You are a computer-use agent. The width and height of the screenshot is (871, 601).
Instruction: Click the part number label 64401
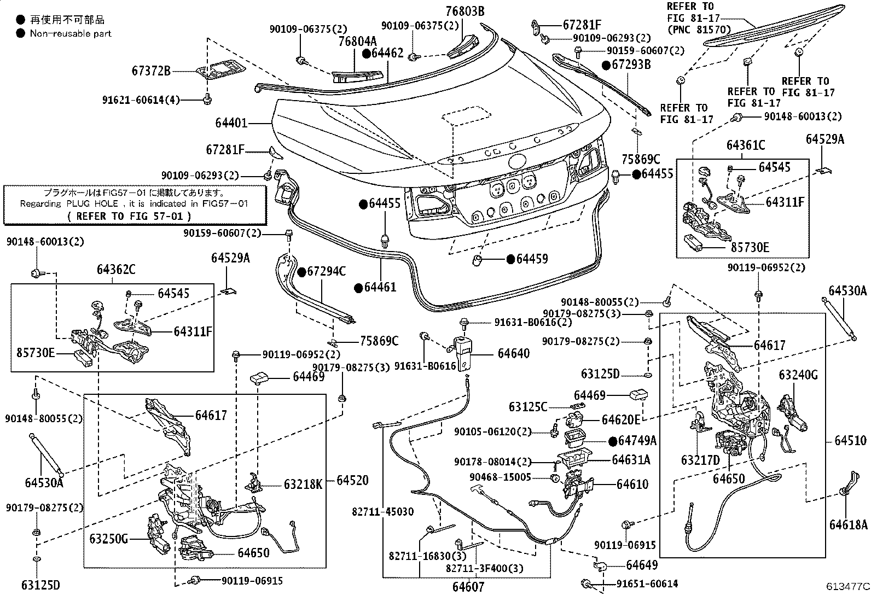(231, 124)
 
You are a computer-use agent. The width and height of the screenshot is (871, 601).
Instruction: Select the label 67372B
(151, 71)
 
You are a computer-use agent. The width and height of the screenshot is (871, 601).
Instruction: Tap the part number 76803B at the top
(464, 11)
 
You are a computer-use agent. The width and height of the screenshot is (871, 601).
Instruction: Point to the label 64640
(513, 353)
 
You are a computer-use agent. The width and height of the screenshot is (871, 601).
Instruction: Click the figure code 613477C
(847, 587)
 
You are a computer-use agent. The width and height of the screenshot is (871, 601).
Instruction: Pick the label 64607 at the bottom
(468, 587)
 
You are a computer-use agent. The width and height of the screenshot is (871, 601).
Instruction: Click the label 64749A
(637, 441)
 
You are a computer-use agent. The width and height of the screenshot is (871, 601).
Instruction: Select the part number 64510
(850, 440)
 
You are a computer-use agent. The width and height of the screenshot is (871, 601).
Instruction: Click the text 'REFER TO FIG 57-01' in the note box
(129, 216)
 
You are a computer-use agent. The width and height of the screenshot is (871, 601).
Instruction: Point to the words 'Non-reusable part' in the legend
(71, 33)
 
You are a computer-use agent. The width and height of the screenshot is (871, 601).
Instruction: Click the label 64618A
(848, 525)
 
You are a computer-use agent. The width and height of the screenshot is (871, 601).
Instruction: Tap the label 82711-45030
(382, 512)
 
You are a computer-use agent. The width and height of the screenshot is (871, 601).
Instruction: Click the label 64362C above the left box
(116, 269)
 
